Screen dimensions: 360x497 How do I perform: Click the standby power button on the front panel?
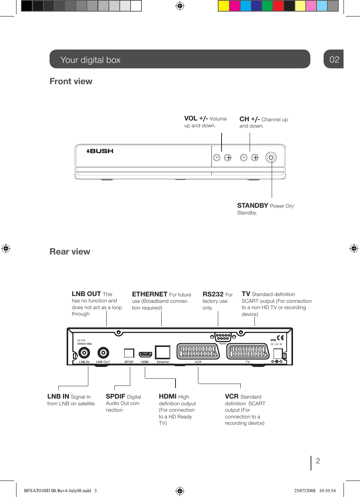pyautogui.click(x=271, y=157)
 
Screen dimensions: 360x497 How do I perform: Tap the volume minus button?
pyautogui.click(x=217, y=158)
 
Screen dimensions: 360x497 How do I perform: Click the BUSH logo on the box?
pyautogui.click(x=100, y=151)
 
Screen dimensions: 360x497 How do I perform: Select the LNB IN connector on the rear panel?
pyautogui.click(x=84, y=353)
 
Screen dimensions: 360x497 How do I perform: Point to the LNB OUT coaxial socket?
pyautogui.click(x=103, y=353)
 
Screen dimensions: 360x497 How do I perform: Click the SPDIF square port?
pyautogui.click(x=129, y=353)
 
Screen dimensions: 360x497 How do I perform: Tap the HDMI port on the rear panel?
pyautogui.click(x=145, y=354)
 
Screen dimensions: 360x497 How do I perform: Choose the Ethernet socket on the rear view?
pyautogui.click(x=163, y=353)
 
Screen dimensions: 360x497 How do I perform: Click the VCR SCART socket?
pyautogui.click(x=198, y=351)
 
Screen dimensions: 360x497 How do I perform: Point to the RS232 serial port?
pyautogui.click(x=223, y=337)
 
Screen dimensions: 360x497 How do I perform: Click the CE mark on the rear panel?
pyautogui.click(x=280, y=338)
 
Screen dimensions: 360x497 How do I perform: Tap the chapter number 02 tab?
pyautogui.click(x=334, y=60)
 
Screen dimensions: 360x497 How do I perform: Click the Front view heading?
pyautogui.click(x=71, y=82)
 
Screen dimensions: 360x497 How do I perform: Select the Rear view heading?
pyautogui.click(x=70, y=251)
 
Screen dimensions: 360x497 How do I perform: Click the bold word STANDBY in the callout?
pyautogui.click(x=253, y=205)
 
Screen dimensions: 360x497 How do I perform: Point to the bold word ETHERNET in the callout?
pyautogui.click(x=150, y=294)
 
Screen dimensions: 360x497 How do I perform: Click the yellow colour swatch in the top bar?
pyautogui.click(x=223, y=6)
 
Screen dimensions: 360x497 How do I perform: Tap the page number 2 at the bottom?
pyautogui.click(x=318, y=461)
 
